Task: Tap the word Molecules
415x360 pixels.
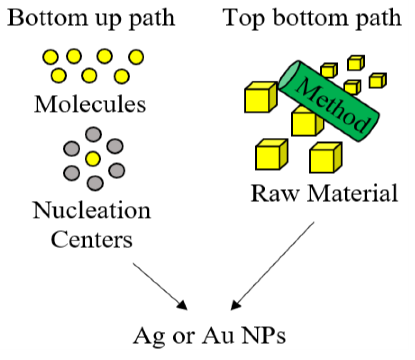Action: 90,104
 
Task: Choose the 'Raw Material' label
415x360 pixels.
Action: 324,193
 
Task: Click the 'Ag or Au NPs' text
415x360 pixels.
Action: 209,336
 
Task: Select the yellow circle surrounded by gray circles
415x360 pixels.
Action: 93,159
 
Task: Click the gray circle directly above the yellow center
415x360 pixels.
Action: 93,134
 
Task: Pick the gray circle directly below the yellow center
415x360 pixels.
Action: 95,183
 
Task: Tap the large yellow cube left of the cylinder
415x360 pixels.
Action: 260,97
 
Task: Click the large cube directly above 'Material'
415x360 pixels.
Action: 325,158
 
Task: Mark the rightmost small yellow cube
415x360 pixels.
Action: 377,81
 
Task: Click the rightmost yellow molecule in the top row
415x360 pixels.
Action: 136,57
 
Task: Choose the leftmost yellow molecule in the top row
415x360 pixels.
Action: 50,57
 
